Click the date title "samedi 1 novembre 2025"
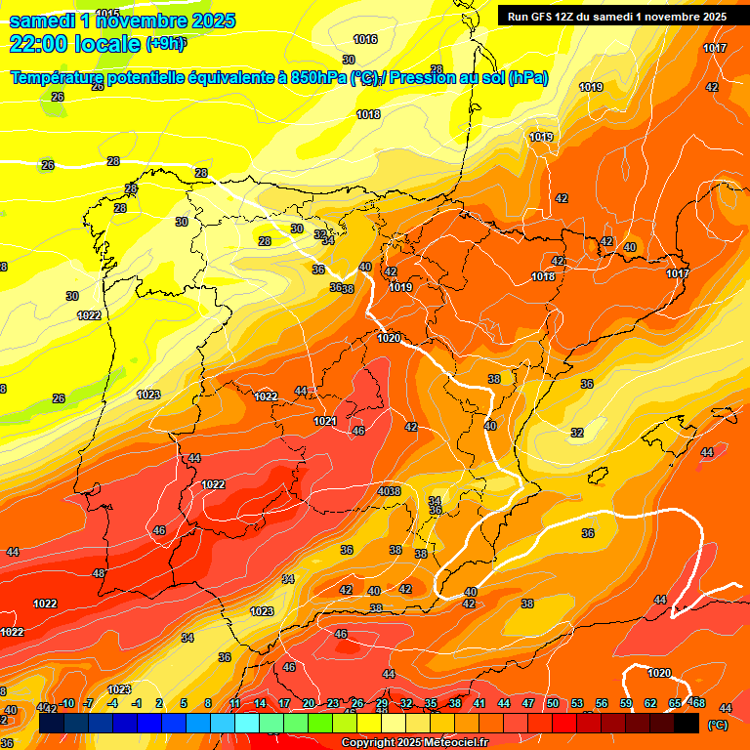pos(122,21)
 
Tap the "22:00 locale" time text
pos(74,43)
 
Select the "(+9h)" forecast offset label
pos(166,43)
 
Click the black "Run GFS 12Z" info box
pos(616,16)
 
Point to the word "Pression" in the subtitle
pos(430,77)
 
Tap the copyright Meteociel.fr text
pos(414,743)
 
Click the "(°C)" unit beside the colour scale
pos(717,725)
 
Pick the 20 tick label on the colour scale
pos(309,703)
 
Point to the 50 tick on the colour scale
pos(553,703)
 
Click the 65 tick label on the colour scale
pos(675,703)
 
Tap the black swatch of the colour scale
pos(687,724)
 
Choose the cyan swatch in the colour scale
pos(247,724)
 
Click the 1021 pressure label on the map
pos(325,421)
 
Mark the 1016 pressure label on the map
pos(365,39)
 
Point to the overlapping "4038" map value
pos(389,491)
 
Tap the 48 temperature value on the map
pos(99,573)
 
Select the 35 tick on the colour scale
pos(431,703)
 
